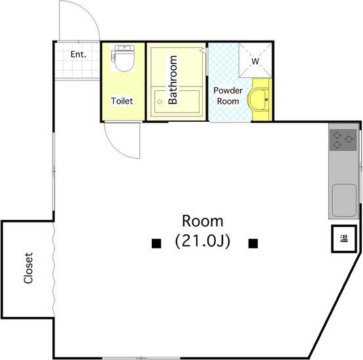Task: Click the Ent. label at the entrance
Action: click(78, 54)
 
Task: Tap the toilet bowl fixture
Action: click(123, 58)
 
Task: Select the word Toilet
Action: click(122, 101)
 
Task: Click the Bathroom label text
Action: click(173, 80)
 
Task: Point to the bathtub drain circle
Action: click(160, 101)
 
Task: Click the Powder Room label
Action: click(228, 96)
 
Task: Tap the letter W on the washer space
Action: click(255, 62)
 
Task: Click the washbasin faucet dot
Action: click(266, 99)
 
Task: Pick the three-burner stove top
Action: click(343, 139)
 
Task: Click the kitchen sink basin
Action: click(344, 200)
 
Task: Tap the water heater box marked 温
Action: click(344, 239)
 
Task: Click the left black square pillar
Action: click(156, 243)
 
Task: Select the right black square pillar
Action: click(253, 243)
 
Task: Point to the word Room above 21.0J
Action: click(203, 221)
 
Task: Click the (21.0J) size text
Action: click(203, 242)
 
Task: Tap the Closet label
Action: click(28, 268)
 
